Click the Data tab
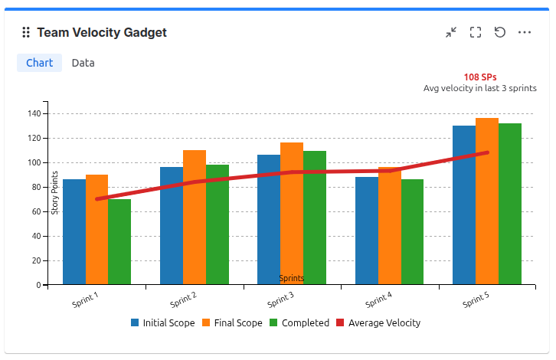pos(83,63)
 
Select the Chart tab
pos(39,63)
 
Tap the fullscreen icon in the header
pos(476,32)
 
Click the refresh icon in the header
pos(500,32)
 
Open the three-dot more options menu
pos(525,32)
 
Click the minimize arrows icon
pos(451,32)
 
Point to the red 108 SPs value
pos(480,77)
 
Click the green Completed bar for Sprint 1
pos(119,241)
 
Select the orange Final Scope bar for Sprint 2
pos(195,217)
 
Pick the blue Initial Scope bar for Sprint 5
pos(464,205)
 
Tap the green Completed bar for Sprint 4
pos(412,231)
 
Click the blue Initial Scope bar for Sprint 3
pos(269,220)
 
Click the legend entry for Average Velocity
pos(378,322)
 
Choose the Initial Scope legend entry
pos(163,322)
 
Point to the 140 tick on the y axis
pos(34,113)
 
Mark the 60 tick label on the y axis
pos(37,211)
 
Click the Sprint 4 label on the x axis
pos(378,300)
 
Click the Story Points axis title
pos(54,193)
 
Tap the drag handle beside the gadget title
pos(26,32)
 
